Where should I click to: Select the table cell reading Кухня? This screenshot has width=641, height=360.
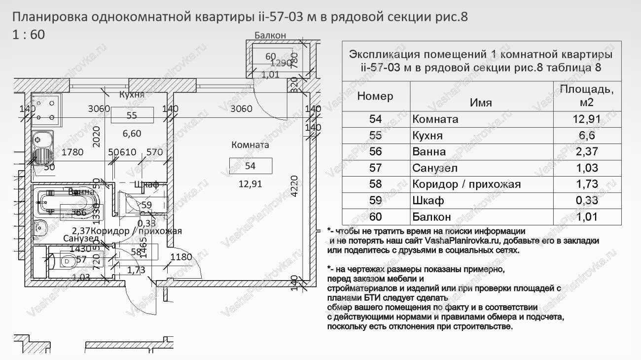click(x=427, y=136)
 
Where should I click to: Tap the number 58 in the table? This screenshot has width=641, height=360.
click(x=376, y=184)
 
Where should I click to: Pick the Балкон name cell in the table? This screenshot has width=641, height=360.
click(x=431, y=217)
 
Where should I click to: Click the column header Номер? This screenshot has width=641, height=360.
click(x=376, y=96)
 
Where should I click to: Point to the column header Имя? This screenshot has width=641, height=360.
click(x=481, y=103)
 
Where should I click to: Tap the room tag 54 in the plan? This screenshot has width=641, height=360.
click(x=250, y=166)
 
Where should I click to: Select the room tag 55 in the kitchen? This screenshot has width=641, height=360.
click(x=132, y=115)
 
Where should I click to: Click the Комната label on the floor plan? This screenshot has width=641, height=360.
click(x=250, y=145)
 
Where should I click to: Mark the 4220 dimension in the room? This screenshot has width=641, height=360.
click(x=294, y=186)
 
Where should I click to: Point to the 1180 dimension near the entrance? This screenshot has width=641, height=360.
click(x=181, y=257)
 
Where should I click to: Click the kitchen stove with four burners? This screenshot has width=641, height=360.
click(x=45, y=109)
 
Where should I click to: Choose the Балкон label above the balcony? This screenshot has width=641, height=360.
click(x=270, y=35)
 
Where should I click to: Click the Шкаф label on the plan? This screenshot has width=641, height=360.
click(x=146, y=184)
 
